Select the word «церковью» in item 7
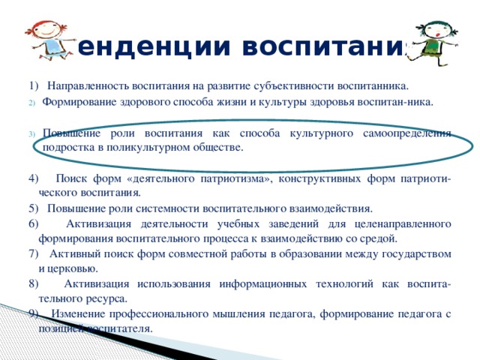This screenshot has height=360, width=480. pos(72,268)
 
